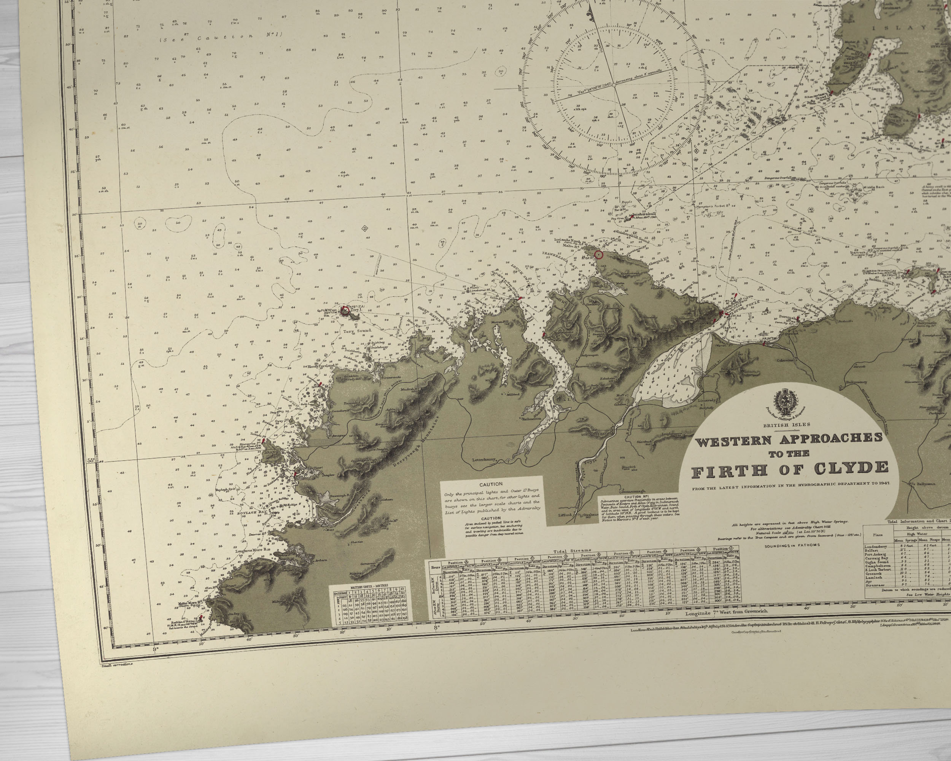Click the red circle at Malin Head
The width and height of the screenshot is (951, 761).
(598, 255)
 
